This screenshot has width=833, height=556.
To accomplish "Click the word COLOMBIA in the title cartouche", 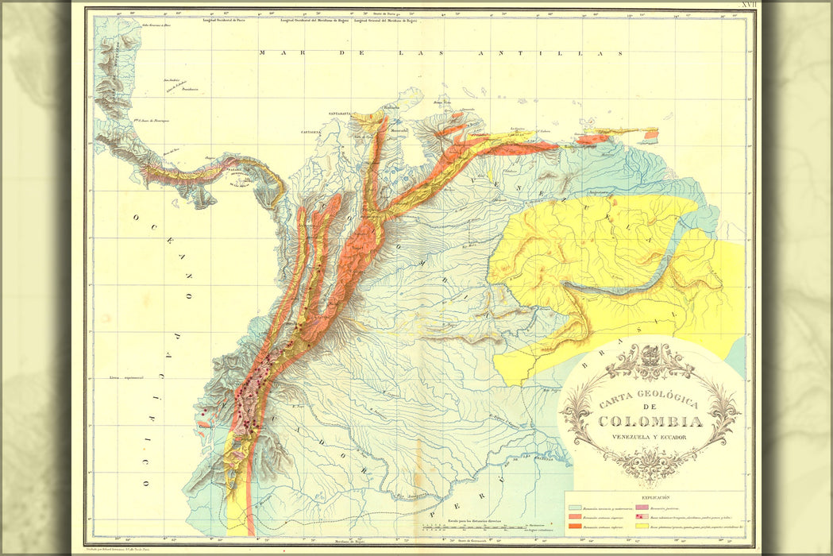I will [650, 423].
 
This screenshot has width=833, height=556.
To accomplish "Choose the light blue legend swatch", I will [575, 508].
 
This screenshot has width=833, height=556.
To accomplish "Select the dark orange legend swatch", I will [575, 526].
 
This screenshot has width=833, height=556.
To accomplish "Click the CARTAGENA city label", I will [311, 132].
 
